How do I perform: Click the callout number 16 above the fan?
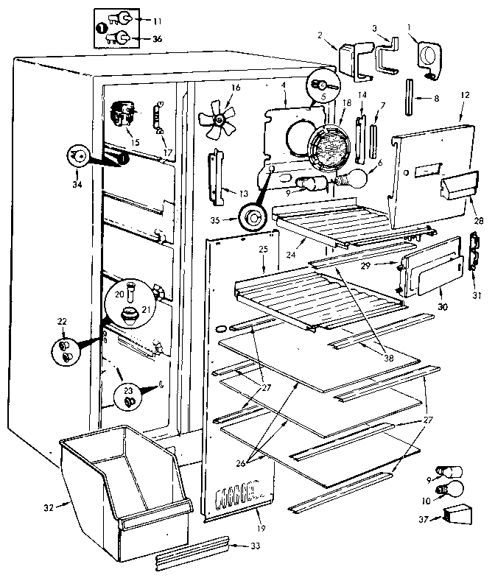[x=236, y=88]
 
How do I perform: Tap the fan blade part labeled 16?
[x=219, y=118]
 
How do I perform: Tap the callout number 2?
[x=321, y=35]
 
